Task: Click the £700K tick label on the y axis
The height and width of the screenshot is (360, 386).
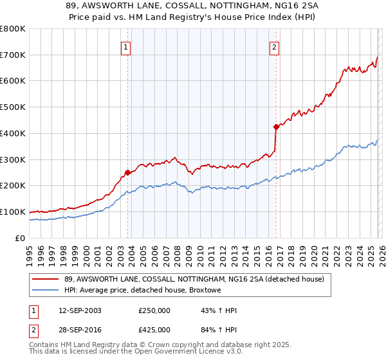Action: tap(13, 55)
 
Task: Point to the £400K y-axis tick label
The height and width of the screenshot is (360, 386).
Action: tap(13, 133)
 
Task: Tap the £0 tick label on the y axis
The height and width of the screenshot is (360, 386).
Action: tap(21, 238)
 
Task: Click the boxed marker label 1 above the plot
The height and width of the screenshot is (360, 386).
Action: tap(125, 46)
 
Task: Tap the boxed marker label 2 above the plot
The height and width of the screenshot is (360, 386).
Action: tap(275, 46)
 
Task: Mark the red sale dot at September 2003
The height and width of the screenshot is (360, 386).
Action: tap(127, 172)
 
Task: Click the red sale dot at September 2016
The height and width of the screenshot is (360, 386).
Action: tap(276, 127)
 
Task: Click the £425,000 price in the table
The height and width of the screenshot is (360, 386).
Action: tap(154, 331)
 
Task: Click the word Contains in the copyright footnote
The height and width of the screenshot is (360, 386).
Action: tap(44, 345)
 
